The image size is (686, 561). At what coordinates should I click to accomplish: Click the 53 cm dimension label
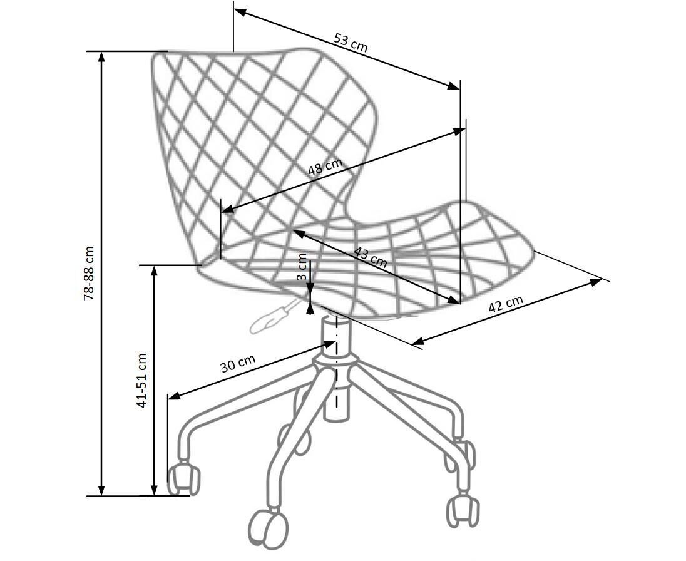click(351, 42)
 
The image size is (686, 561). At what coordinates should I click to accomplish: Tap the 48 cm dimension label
click(325, 167)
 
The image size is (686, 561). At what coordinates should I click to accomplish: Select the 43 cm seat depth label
click(371, 257)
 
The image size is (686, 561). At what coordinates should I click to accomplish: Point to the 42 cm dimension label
click(505, 304)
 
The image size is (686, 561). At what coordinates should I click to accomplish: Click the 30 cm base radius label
click(238, 363)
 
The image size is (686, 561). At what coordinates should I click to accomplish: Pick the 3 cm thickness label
click(302, 267)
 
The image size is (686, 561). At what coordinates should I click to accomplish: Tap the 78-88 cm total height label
click(89, 273)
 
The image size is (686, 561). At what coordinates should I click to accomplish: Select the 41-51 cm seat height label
click(141, 380)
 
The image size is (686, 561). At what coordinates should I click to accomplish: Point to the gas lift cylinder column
click(337, 368)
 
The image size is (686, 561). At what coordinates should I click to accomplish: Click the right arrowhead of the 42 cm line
click(596, 281)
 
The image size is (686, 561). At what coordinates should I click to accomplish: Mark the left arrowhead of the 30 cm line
click(174, 396)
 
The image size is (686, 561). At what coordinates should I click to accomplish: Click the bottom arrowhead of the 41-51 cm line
click(153, 490)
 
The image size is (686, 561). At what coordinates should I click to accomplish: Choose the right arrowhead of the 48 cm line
click(459, 131)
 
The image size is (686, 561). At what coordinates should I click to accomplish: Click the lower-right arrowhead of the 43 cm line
click(453, 300)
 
